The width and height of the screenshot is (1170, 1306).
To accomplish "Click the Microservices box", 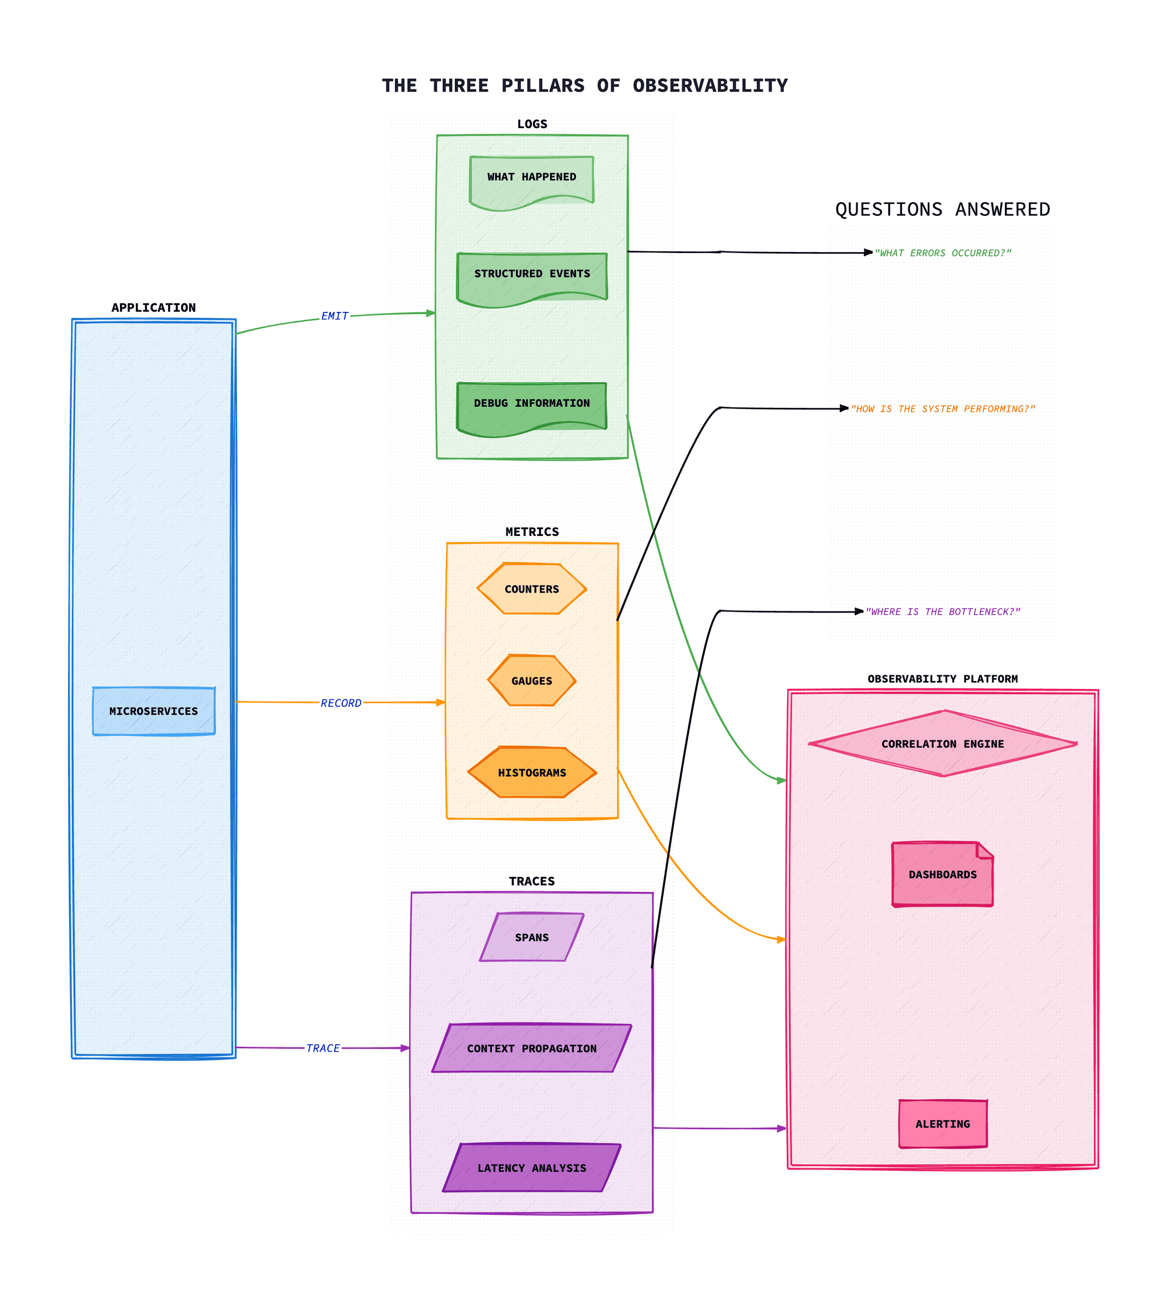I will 154,711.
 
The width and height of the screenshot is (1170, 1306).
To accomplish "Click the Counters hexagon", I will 532,588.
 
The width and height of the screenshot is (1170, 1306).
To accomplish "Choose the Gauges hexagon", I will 532,680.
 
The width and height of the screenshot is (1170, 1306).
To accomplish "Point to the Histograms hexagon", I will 532,772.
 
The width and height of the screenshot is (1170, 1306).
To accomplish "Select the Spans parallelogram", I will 532,937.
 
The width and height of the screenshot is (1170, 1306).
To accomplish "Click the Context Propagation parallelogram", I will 532,1048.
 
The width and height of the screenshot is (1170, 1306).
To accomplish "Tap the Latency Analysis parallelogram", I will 532,1168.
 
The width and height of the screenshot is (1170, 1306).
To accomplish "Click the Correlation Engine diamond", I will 943,744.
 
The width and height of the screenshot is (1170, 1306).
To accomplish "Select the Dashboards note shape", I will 943,874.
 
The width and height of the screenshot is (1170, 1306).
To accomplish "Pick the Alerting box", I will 943,1123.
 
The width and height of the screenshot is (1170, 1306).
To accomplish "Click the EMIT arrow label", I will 335,315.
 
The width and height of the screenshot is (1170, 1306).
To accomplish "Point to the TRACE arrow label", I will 323,1048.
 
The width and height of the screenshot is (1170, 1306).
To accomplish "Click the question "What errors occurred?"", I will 943,253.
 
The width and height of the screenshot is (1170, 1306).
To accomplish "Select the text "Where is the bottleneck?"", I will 943,612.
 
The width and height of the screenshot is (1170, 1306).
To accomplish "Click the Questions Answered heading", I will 943,210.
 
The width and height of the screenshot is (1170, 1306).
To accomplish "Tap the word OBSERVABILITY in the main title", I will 710,86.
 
